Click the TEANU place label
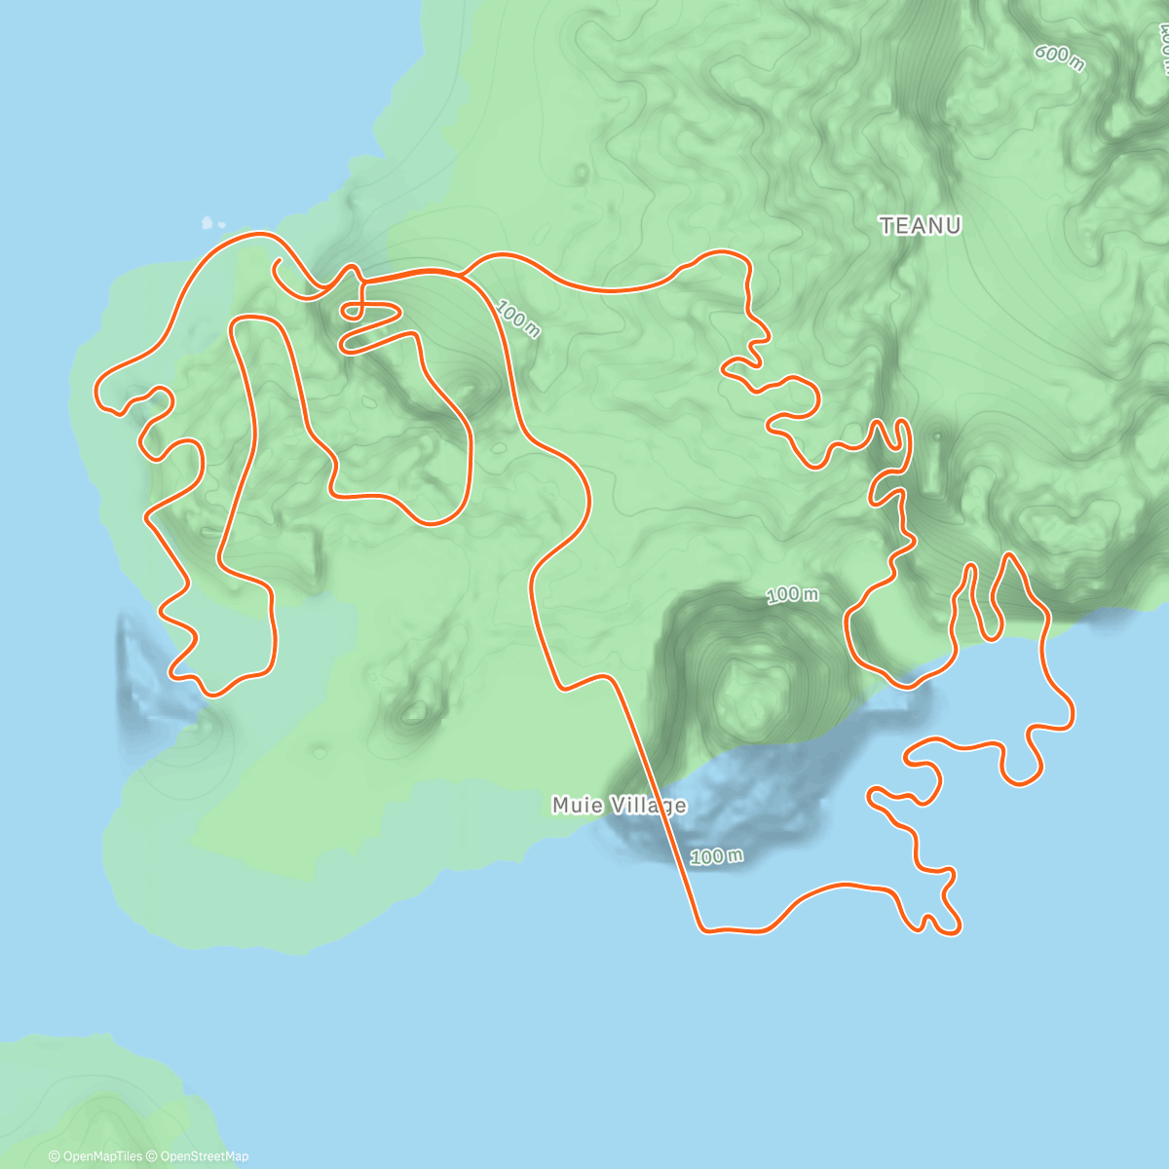tap(921, 226)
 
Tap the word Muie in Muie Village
tap(575, 806)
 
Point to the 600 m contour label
tap(1059, 57)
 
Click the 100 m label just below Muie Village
tap(716, 856)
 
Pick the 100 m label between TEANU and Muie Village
tap(792, 594)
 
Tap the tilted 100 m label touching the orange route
tap(517, 319)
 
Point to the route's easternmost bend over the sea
tap(1072, 711)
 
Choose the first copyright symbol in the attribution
tap(54, 1156)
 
